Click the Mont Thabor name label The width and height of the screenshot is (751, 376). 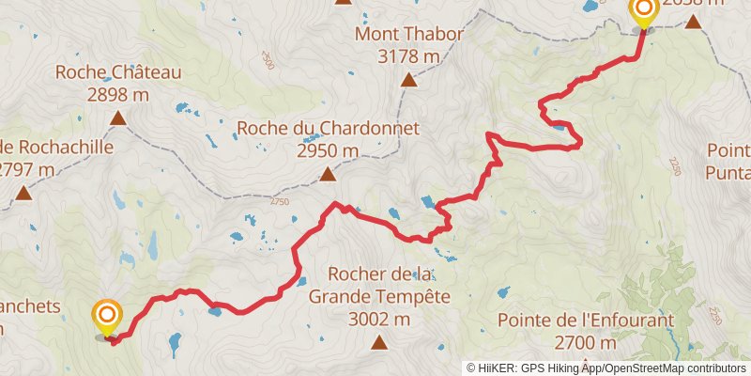pyautogui.click(x=408, y=36)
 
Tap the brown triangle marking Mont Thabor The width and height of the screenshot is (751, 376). pyautogui.click(x=408, y=80)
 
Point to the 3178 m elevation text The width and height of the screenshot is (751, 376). pyautogui.click(x=408, y=57)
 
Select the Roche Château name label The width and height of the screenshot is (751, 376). pyautogui.click(x=118, y=72)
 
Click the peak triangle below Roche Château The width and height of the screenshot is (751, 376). pyautogui.click(x=118, y=117)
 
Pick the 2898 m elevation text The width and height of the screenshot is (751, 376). pyautogui.click(x=118, y=94)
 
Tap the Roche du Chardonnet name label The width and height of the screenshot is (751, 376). pyautogui.click(x=327, y=129)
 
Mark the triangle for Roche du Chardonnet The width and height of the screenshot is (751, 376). pyautogui.click(x=327, y=174)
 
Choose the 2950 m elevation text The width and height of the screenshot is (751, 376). pyautogui.click(x=327, y=150)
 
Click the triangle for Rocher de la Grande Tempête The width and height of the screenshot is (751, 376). pyautogui.click(x=379, y=342)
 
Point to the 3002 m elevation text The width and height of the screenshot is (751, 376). pyautogui.click(x=379, y=320)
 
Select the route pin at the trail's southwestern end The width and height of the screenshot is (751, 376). pyautogui.click(x=107, y=316)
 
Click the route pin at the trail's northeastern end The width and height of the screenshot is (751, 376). pyautogui.click(x=643, y=12)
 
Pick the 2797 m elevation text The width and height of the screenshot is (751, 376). pyautogui.click(x=25, y=169)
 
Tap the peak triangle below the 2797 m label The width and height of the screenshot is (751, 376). pyautogui.click(x=23, y=194)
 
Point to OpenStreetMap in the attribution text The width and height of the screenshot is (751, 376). pyautogui.click(x=648, y=368)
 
